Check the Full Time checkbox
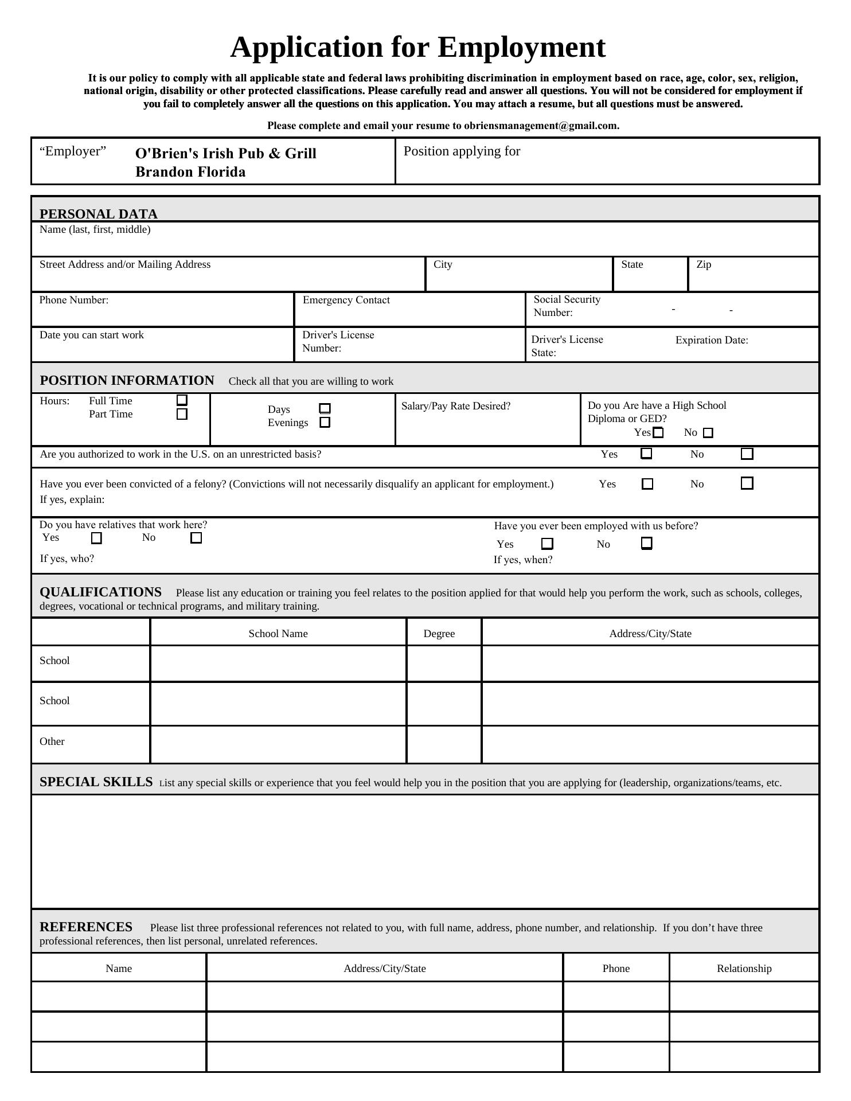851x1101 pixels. [x=182, y=400]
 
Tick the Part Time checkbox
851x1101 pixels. [x=182, y=414]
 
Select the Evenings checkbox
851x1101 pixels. [x=325, y=423]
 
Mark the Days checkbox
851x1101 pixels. [x=325, y=409]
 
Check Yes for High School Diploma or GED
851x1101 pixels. [x=658, y=433]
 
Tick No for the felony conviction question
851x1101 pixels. [x=747, y=483]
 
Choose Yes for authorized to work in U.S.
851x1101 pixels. [x=646, y=454]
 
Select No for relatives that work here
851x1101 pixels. [x=196, y=538]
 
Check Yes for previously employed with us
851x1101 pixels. [x=548, y=544]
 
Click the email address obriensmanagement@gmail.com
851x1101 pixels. [x=541, y=126]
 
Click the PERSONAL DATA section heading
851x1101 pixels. [x=98, y=214]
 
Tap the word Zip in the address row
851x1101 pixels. [x=704, y=264]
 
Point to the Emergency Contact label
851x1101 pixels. [x=346, y=300]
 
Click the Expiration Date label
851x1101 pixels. [x=712, y=340]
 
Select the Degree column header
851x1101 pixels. [x=439, y=634]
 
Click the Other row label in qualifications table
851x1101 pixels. [x=52, y=741]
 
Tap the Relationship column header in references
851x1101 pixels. [x=744, y=969]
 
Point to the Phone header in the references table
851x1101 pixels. [x=616, y=969]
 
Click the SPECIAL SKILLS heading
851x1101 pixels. [x=96, y=782]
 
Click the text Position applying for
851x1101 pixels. [x=462, y=151]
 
